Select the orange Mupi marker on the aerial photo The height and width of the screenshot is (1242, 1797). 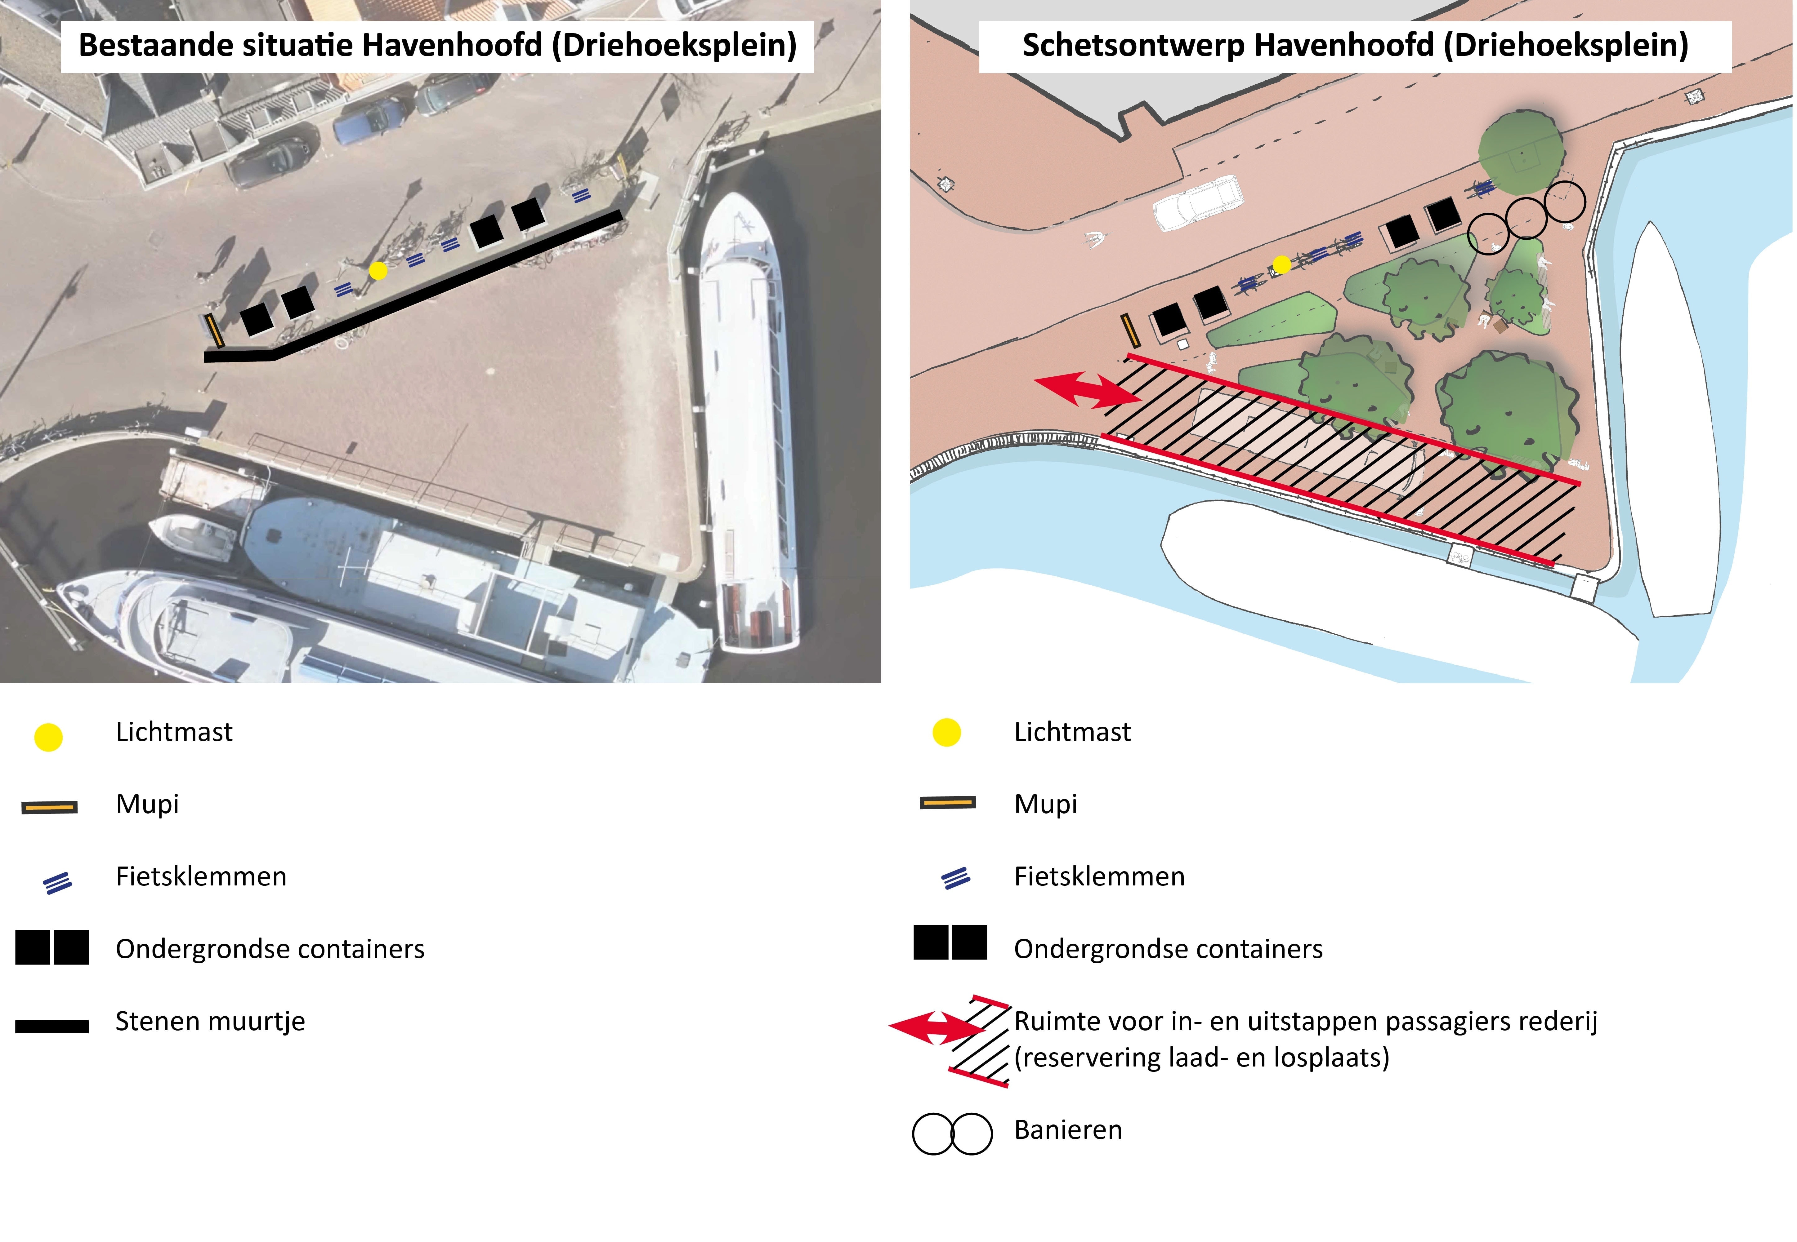pyautogui.click(x=213, y=331)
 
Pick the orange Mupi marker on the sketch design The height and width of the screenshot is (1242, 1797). pyautogui.click(x=1130, y=330)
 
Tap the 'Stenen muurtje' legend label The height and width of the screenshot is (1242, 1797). pyautogui.click(x=210, y=1021)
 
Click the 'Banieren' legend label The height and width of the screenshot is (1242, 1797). pyautogui.click(x=1068, y=1130)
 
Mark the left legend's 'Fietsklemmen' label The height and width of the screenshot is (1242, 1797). pyautogui.click(x=201, y=876)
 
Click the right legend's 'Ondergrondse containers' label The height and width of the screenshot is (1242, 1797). pyautogui.click(x=1168, y=949)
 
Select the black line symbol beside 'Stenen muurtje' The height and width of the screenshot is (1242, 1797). pyautogui.click(x=52, y=1027)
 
